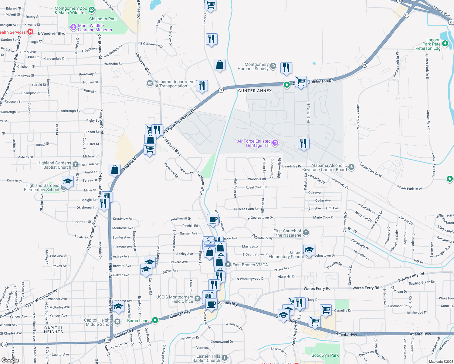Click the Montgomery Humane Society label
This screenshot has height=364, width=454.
pos(257,67)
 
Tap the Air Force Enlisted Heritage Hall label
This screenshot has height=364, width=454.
pos(254,143)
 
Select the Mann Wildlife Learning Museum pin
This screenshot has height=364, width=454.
pos(73,28)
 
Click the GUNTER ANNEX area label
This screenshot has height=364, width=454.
pos(255,91)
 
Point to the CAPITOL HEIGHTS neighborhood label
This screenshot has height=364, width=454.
pos(53,330)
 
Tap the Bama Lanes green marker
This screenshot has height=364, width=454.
pos(155,320)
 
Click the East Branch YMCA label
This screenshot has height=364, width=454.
pos(250,265)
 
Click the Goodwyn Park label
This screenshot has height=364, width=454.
pos(325,355)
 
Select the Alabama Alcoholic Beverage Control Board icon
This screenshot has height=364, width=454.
pos(351,167)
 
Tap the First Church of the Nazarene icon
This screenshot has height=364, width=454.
pos(306,233)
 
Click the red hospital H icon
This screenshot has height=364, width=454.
pos(30,32)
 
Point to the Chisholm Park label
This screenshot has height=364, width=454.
pos(103,19)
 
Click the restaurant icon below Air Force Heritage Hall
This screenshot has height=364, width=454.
pos(303,143)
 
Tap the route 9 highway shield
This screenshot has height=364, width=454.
pos(221,90)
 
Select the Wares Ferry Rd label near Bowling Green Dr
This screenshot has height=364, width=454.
pos(411,277)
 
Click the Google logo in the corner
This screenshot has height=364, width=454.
pos(10,360)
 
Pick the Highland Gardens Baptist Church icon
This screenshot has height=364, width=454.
pos(76,165)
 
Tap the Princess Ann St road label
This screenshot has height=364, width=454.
pos(246,209)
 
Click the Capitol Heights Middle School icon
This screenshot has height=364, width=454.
pos(117,322)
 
